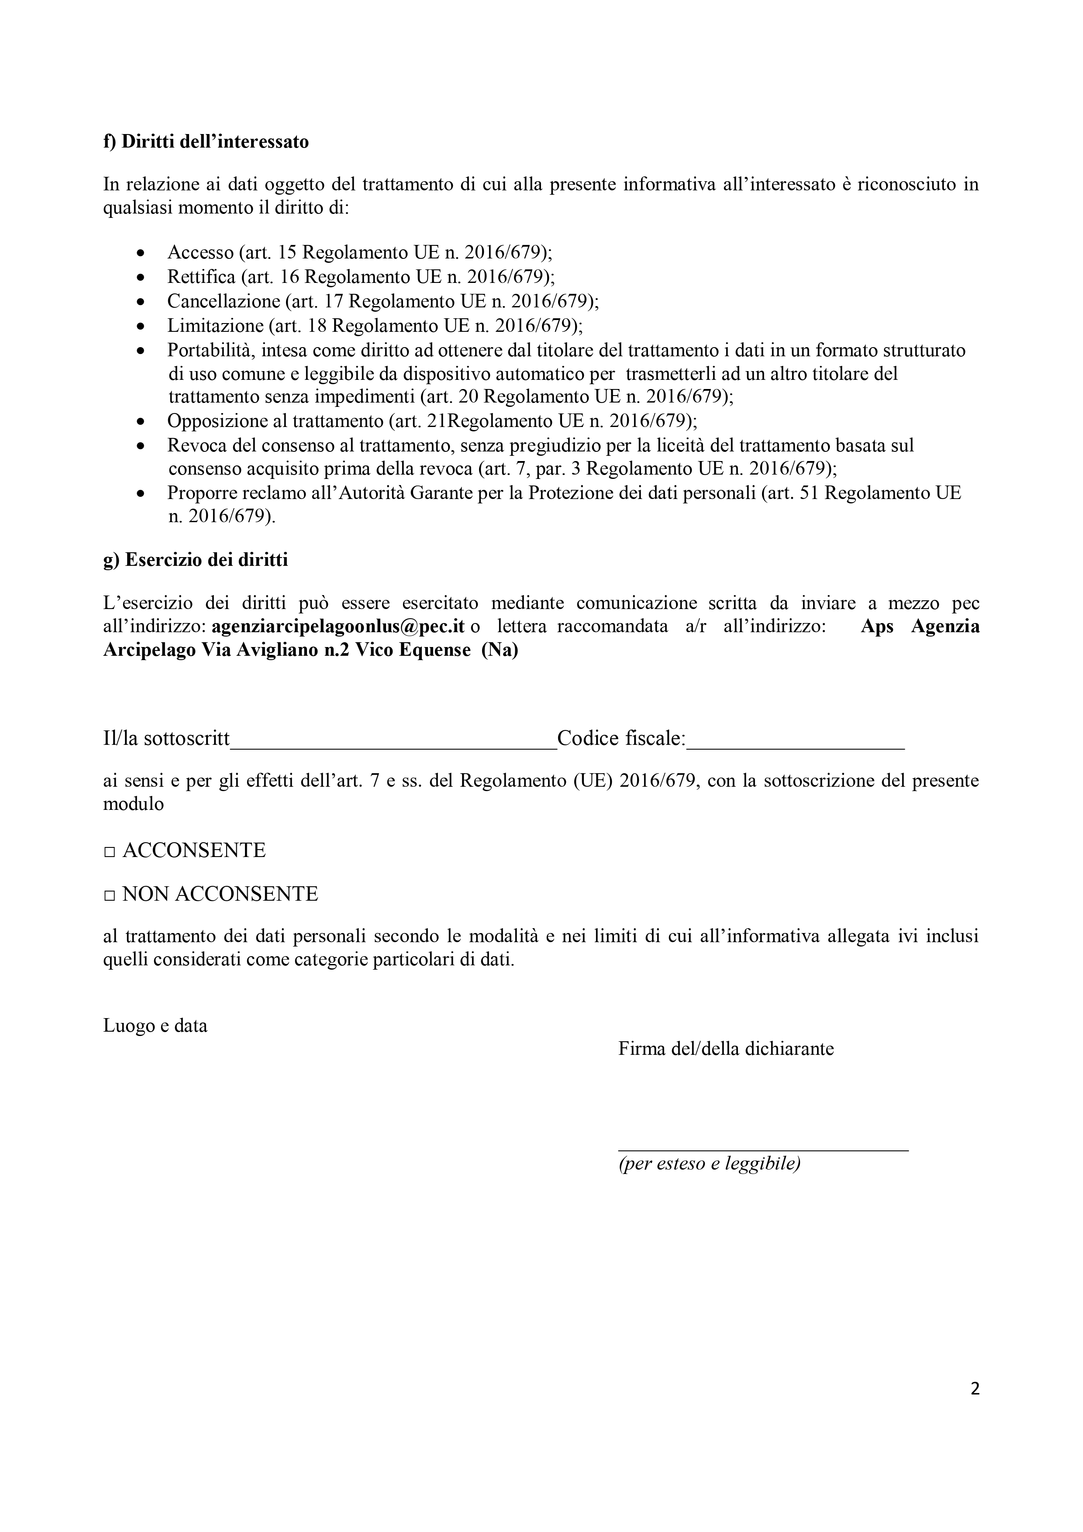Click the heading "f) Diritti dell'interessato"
pos(206,142)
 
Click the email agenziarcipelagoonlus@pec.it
pos(338,627)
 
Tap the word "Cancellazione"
pos(224,302)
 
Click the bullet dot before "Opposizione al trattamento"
pos(140,422)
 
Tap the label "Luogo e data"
pos(155,1026)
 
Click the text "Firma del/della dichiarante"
pos(726,1049)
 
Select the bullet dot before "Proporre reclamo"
pos(140,494)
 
